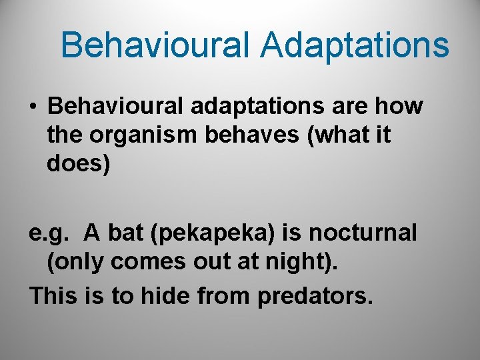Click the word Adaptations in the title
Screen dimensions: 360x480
point(355,46)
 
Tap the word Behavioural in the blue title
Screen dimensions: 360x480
point(155,46)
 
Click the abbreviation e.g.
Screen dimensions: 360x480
point(47,234)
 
